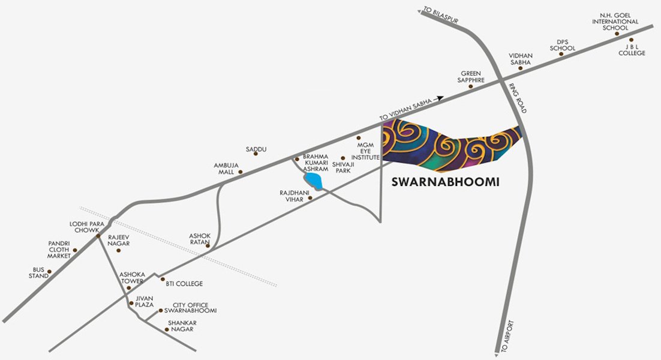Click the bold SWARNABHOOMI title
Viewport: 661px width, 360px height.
point(445,181)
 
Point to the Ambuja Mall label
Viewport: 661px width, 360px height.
point(226,168)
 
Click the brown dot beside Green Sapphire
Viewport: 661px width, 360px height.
point(470,86)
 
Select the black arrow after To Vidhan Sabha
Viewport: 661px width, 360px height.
point(440,98)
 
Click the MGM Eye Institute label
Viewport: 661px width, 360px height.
point(365,151)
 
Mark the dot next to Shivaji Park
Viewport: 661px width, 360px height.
point(343,158)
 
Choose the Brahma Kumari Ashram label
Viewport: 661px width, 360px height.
point(316,163)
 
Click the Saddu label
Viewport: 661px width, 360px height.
point(256,149)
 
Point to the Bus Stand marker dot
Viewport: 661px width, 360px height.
point(49,272)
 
